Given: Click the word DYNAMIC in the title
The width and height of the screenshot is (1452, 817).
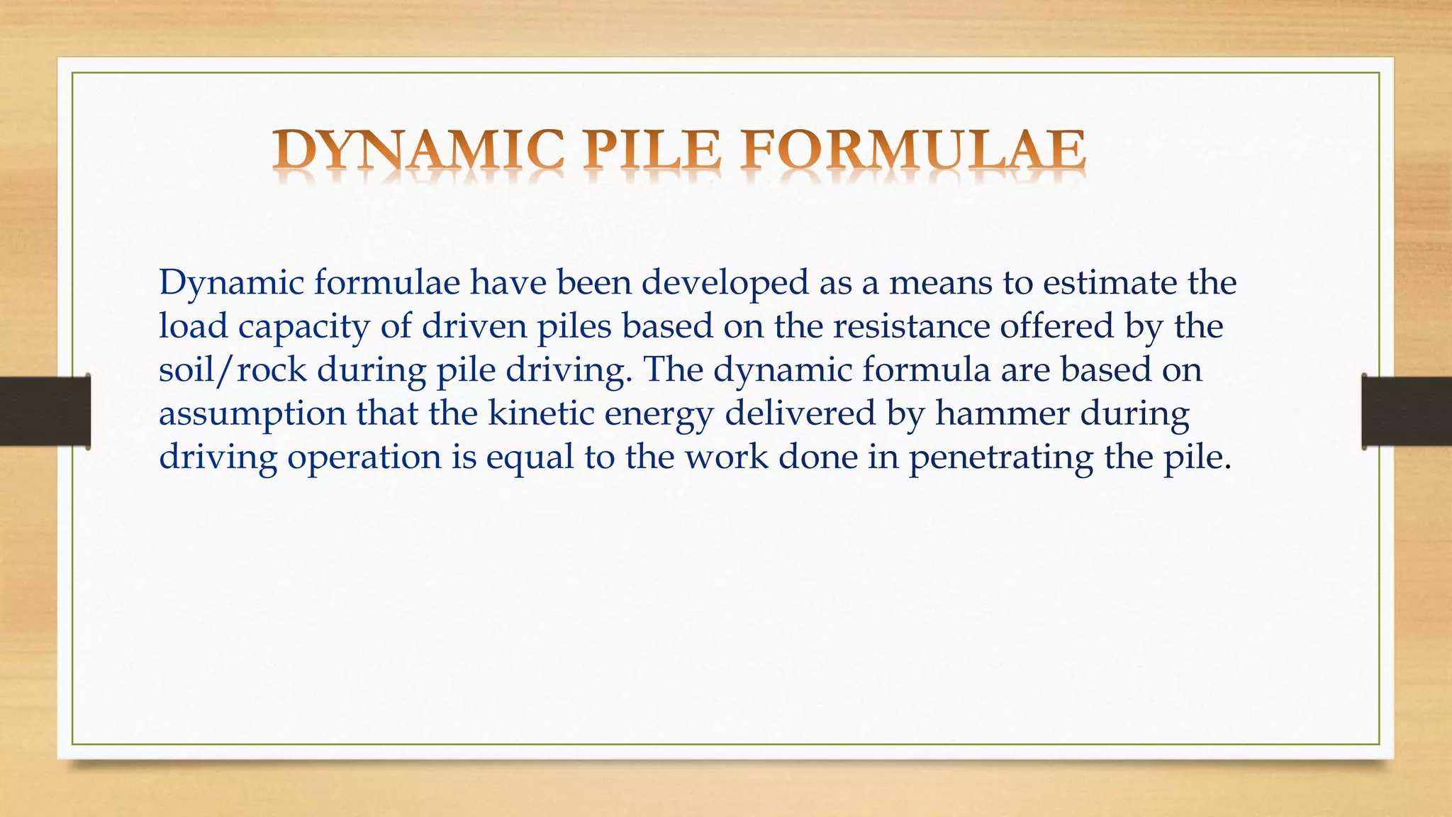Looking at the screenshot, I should [x=418, y=150].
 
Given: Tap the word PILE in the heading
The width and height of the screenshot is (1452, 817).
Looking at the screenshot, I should [x=652, y=150].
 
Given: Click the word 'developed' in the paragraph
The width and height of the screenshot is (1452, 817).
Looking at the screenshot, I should [x=725, y=283].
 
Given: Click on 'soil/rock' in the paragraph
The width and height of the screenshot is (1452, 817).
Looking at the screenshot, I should [x=233, y=369].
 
